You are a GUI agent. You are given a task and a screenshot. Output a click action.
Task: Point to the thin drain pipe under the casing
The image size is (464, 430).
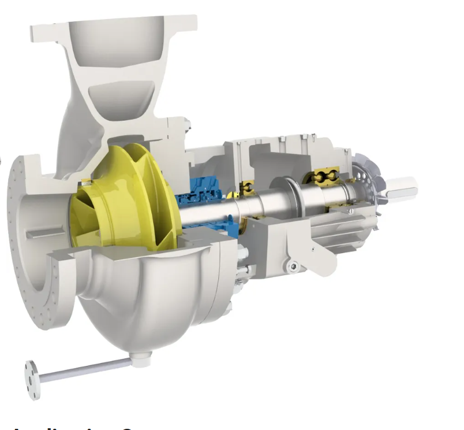87,369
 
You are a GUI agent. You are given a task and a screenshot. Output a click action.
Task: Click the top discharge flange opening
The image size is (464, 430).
115,29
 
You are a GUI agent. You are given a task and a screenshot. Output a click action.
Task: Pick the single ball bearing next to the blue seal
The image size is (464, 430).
248,187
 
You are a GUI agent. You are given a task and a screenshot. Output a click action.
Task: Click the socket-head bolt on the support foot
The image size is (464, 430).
294,265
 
